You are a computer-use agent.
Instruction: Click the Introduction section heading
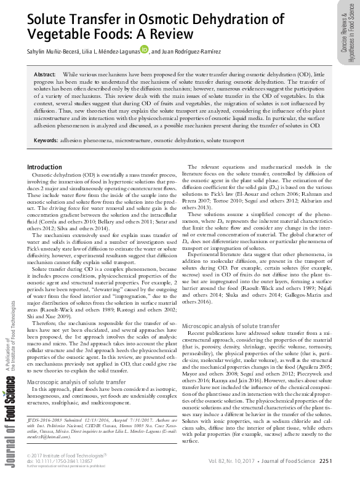click(x=44, y=167)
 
